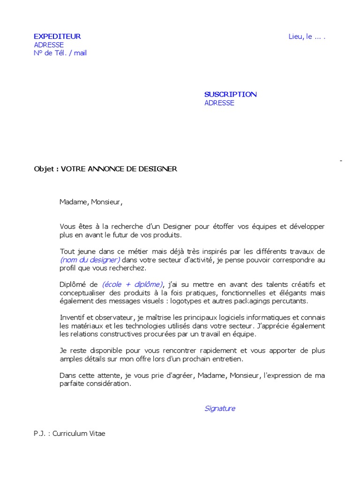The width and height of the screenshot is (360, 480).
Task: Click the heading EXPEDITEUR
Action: pyautogui.click(x=57, y=37)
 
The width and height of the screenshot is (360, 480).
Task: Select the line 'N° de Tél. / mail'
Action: pyautogui.click(x=60, y=53)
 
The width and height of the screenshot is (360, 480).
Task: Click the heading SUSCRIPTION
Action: pyautogui.click(x=231, y=94)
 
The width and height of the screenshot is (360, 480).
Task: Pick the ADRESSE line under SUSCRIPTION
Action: pyautogui.click(x=219, y=103)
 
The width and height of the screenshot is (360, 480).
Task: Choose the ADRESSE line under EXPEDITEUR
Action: pyautogui.click(x=49, y=45)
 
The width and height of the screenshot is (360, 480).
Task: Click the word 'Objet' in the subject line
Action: pyautogui.click(x=44, y=169)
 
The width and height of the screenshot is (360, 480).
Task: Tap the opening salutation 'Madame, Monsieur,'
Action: pyautogui.click(x=91, y=202)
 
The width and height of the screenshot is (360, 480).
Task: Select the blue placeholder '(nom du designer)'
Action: pyautogui.click(x=90, y=260)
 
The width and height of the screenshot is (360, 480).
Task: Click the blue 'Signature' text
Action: pyautogui.click(x=220, y=408)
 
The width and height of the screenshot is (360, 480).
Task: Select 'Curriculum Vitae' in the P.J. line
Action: pyautogui.click(x=79, y=434)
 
